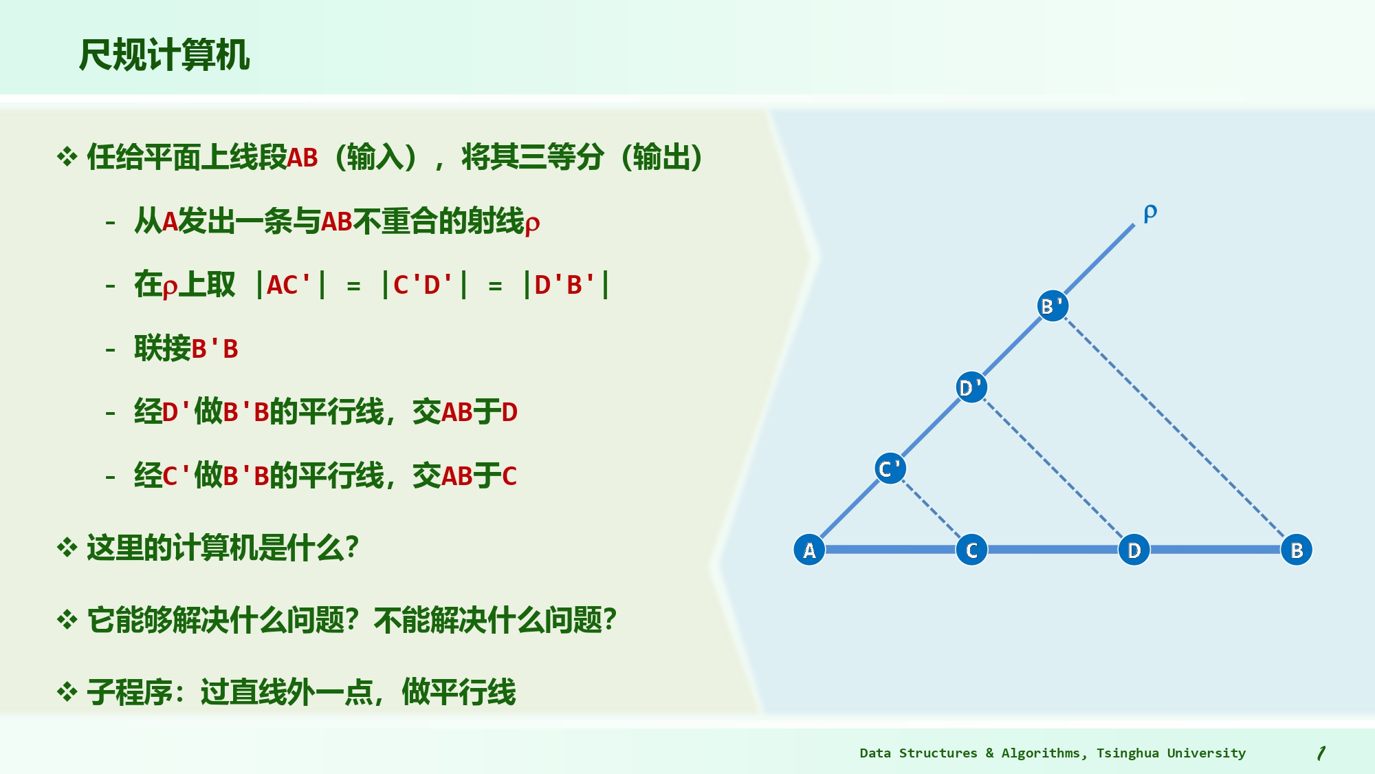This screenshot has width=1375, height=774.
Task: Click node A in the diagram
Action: tap(809, 550)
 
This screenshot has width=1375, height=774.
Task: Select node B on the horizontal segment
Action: tap(1297, 550)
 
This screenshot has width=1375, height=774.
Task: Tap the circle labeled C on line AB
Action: tap(971, 550)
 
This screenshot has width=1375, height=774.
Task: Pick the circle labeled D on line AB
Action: tap(1134, 550)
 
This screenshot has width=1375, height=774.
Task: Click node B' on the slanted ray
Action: tap(1053, 306)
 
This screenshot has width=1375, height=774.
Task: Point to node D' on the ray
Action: tap(971, 387)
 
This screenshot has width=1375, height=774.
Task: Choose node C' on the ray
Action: tap(890, 469)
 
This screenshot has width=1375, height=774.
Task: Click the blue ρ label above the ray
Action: tap(1150, 213)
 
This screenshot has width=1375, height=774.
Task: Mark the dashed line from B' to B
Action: tap(1174, 428)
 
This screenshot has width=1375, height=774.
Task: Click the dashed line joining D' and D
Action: tap(1053, 469)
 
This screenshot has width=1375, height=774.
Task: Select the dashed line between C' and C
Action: tap(931, 509)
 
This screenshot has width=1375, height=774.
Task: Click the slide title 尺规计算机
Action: tap(164, 55)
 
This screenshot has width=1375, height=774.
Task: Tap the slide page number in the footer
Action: tap(1321, 753)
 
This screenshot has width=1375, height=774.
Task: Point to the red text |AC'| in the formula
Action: tap(289, 285)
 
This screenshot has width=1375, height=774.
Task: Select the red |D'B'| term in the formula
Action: tap(566, 285)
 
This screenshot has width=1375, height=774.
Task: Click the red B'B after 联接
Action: tap(214, 349)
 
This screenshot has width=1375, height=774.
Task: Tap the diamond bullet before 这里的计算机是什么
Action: tap(67, 548)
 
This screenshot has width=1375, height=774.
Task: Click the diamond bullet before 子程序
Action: tap(67, 692)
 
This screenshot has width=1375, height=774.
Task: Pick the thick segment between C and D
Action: tap(1053, 550)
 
